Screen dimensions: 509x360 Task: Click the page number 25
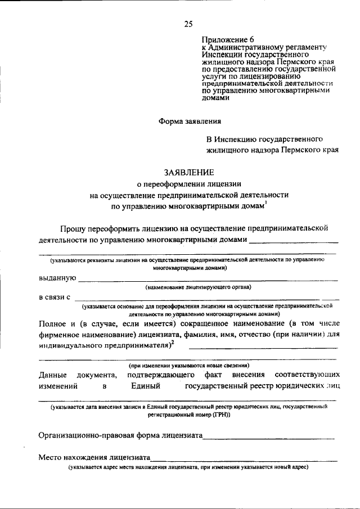[188, 24]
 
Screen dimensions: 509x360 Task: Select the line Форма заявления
[189, 121]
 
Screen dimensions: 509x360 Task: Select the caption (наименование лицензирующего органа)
[198, 287]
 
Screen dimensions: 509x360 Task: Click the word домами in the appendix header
[216, 97]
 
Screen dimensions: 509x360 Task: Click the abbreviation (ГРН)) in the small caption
[220, 414]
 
